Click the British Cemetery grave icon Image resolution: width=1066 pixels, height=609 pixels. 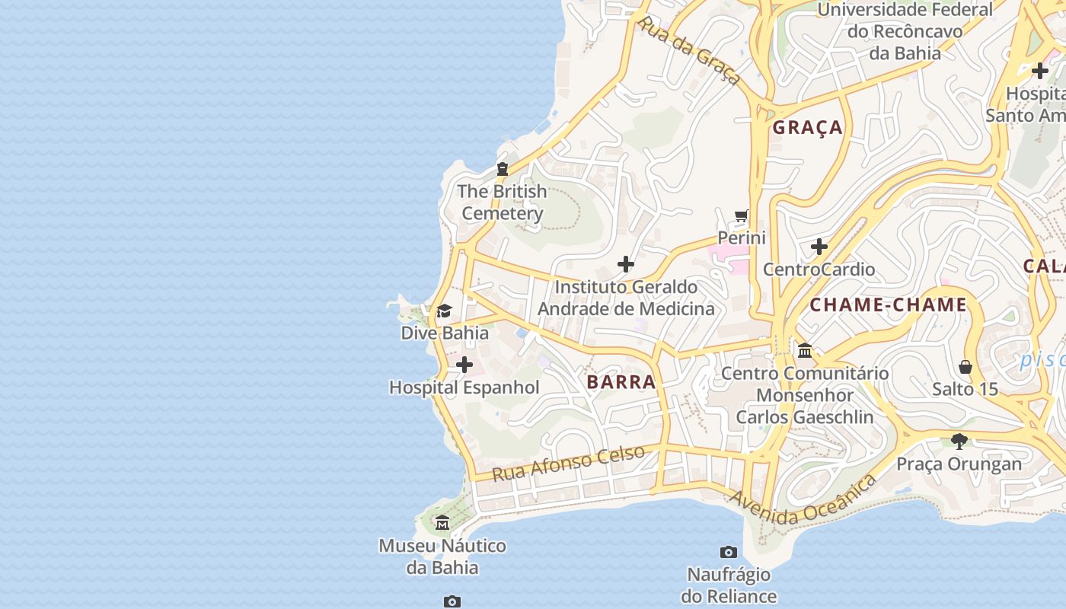point(503,169)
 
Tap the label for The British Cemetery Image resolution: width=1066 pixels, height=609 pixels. point(503,202)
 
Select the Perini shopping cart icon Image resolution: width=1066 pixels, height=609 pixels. point(742,216)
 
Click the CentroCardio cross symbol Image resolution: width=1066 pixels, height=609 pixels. point(819,247)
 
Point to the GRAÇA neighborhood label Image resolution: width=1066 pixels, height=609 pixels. point(808,128)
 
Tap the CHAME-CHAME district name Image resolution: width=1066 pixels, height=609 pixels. point(888,305)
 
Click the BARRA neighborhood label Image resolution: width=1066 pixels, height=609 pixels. point(621,382)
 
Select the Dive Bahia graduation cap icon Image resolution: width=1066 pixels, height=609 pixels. point(444,311)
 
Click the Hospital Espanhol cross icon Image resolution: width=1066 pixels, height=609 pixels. point(464,365)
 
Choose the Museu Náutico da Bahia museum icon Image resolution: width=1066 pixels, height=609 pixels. point(442,522)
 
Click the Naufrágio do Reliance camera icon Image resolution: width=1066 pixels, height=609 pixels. point(729,552)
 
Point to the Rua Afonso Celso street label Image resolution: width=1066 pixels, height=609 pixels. point(568,463)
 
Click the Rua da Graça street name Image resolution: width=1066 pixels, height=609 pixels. point(689,50)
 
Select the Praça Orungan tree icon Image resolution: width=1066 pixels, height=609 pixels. point(959,441)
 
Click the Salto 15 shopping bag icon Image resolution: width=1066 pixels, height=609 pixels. point(965,367)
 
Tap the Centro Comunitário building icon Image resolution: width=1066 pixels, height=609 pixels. point(805,350)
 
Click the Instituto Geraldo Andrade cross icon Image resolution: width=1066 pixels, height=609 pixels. point(626,264)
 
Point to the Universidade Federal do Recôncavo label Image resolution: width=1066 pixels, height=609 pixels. point(905,31)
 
